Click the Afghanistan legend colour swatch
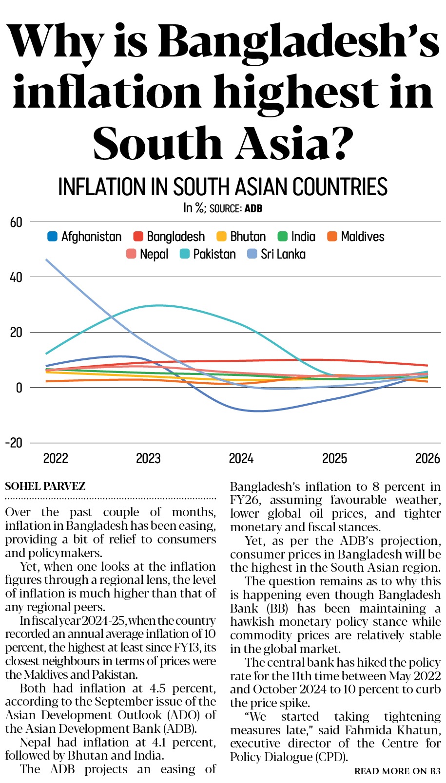[x=52, y=237]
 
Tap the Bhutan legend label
[x=248, y=237]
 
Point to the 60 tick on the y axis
[x=16, y=223]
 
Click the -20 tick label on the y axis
[x=14, y=443]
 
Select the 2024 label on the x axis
[x=241, y=459]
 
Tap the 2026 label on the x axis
[x=427, y=459]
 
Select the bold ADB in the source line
[x=253, y=208]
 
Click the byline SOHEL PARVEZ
[x=45, y=486]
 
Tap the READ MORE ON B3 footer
[x=397, y=771]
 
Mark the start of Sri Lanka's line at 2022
[x=46, y=260]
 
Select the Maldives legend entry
[x=362, y=237]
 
